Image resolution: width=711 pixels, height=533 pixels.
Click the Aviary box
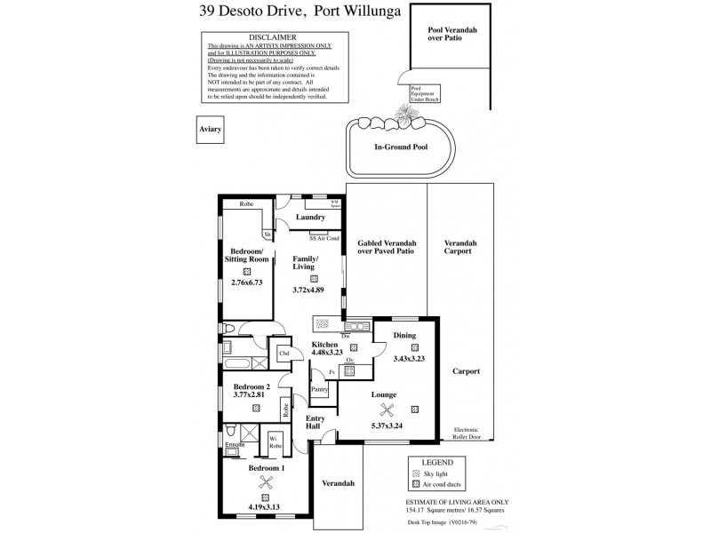(211, 129)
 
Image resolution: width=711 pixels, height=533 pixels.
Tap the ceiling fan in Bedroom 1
(265, 481)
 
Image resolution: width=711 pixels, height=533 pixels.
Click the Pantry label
(320, 388)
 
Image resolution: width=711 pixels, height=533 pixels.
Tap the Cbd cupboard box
(284, 354)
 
